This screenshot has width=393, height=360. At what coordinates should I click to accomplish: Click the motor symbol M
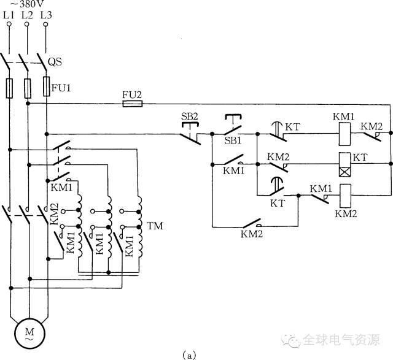(x=29, y=334)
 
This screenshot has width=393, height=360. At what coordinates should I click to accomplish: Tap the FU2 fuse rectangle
(x=133, y=104)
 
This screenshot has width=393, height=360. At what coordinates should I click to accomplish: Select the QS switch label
(x=55, y=61)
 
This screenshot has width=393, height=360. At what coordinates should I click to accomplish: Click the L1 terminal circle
(x=9, y=24)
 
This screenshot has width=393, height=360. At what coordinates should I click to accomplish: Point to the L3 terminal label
(x=46, y=15)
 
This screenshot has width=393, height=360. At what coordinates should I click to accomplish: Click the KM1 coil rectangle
(x=344, y=134)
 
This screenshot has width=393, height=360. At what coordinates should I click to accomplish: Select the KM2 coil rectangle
(x=345, y=196)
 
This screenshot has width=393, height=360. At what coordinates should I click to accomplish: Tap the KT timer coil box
(x=345, y=164)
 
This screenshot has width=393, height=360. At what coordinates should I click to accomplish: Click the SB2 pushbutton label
(x=190, y=117)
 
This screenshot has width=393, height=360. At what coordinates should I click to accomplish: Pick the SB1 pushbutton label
(x=233, y=140)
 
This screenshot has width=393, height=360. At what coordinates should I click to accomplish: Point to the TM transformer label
(x=155, y=226)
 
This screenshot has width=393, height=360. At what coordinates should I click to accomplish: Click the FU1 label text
(x=61, y=88)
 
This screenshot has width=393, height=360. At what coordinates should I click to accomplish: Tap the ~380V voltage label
(x=27, y=4)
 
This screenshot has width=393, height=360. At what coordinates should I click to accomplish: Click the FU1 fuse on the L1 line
(x=9, y=88)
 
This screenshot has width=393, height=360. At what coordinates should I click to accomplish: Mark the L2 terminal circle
(x=27, y=24)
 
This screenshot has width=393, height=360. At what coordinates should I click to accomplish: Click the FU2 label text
(x=132, y=95)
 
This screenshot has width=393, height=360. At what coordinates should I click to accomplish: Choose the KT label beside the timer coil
(x=360, y=158)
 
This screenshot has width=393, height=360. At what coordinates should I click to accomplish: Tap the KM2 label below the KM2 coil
(x=346, y=214)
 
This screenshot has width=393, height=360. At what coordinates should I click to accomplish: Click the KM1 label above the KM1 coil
(x=344, y=117)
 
